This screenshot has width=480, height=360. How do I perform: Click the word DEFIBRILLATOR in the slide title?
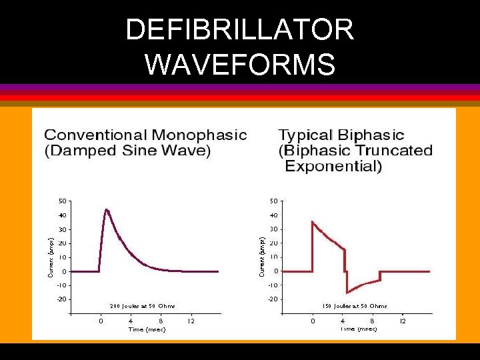point(239,30)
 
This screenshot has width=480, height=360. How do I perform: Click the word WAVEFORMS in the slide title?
point(239,65)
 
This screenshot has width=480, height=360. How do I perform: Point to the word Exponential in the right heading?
point(333,166)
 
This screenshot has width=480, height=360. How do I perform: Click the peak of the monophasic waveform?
point(106,209)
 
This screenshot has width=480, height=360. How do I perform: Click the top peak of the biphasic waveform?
point(313,221)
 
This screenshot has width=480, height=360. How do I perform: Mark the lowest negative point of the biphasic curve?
point(347,292)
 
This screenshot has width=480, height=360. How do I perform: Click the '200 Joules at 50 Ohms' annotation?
point(142,306)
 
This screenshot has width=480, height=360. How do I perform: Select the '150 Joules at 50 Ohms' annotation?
point(355,306)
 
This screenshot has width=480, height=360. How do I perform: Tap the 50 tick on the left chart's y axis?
point(61,201)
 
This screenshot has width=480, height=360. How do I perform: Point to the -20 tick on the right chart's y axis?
point(273,299)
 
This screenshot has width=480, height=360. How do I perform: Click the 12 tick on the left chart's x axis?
point(190,321)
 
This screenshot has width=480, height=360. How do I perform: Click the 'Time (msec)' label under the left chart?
point(146,329)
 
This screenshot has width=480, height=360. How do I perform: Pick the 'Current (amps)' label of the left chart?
point(50,257)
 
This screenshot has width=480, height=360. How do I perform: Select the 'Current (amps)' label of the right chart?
point(262,257)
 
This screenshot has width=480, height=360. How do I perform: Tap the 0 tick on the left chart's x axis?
point(101,321)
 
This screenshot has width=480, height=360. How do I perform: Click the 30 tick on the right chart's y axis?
point(274,229)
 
